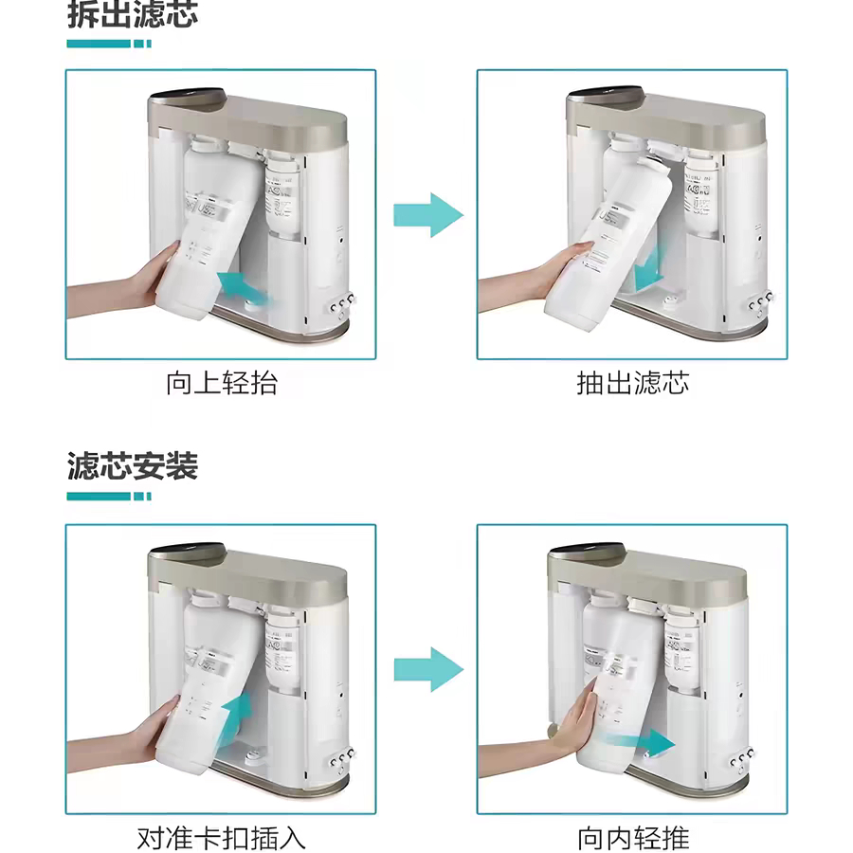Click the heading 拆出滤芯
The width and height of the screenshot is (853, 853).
coord(133,14)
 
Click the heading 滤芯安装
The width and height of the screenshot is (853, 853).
coord(133,466)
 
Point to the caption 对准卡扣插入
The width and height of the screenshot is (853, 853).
coord(222,838)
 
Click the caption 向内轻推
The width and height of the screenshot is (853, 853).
coord(633,838)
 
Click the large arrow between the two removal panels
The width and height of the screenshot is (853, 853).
coord(428,214)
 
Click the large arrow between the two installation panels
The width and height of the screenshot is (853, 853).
coord(428,669)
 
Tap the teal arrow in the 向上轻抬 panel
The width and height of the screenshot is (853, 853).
coord(245,285)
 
